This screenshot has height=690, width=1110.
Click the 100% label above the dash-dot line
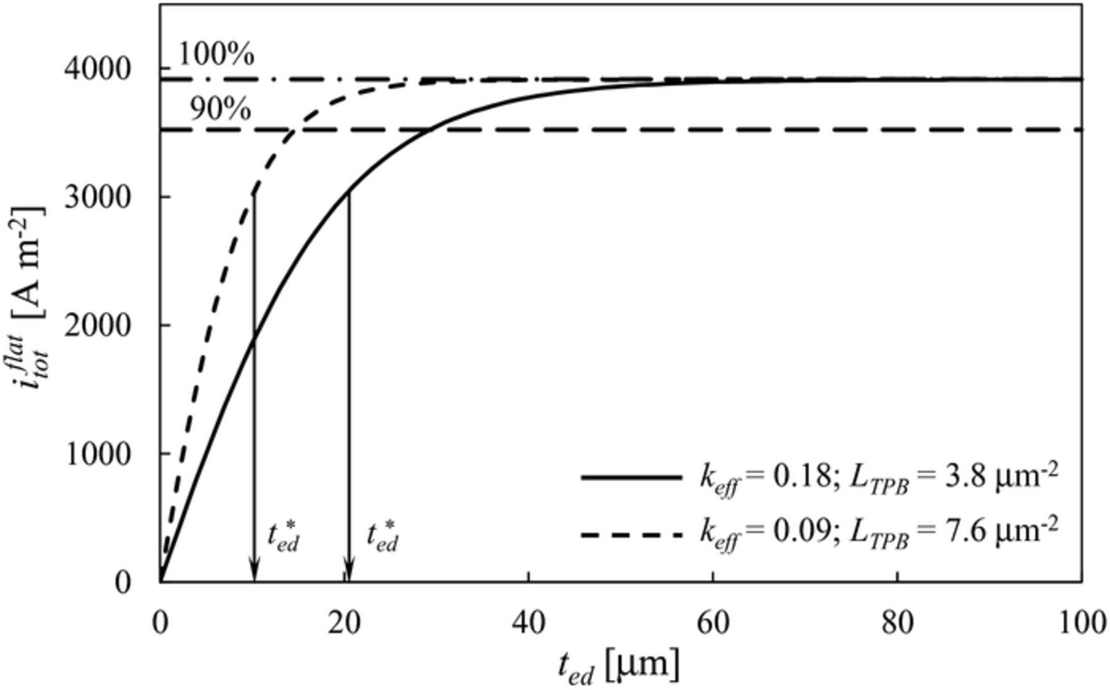pos(216,55)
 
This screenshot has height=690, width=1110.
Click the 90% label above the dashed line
pos(220,110)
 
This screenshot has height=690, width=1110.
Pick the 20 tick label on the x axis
pos(344,623)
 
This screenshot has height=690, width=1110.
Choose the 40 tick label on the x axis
pos(528,623)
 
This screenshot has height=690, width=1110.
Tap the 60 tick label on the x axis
pos(713,623)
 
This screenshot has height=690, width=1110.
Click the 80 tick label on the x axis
pos(897,623)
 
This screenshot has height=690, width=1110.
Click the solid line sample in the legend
pos(631,477)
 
